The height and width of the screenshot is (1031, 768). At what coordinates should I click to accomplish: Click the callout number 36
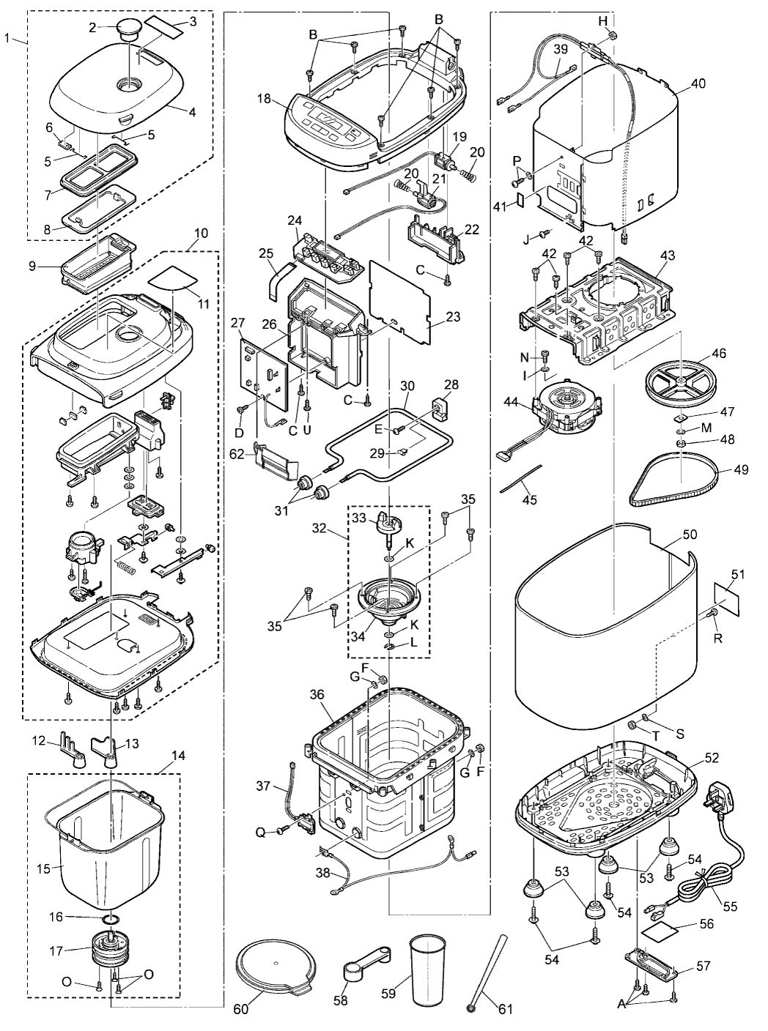(x=317, y=694)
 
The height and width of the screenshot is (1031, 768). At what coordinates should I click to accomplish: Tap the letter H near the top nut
(x=603, y=21)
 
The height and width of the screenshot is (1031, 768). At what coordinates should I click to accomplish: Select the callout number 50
(x=690, y=534)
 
